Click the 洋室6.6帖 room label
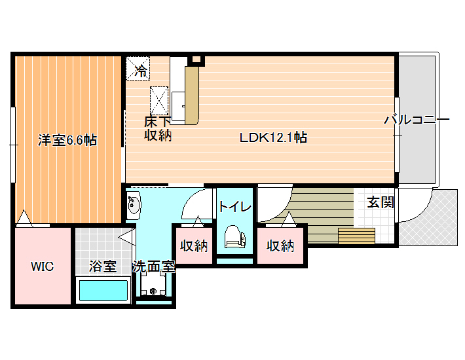click(x=67, y=140)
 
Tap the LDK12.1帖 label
click(x=273, y=137)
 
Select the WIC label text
click(x=43, y=266)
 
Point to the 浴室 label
click(x=103, y=266)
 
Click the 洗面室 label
click(x=154, y=266)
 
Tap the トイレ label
click(x=235, y=206)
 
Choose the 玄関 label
click(x=380, y=202)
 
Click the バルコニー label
click(x=417, y=120)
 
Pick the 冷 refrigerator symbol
click(x=138, y=69)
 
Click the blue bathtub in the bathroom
click(x=103, y=291)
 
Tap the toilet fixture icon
click(x=235, y=236)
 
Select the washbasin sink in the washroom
click(x=134, y=204)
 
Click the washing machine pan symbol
click(x=153, y=285)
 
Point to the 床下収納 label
click(x=158, y=128)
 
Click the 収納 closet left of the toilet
click(x=194, y=245)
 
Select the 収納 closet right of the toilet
click(x=280, y=245)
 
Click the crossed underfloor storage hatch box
click(x=159, y=101)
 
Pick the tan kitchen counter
click(x=192, y=96)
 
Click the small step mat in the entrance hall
click(x=356, y=236)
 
